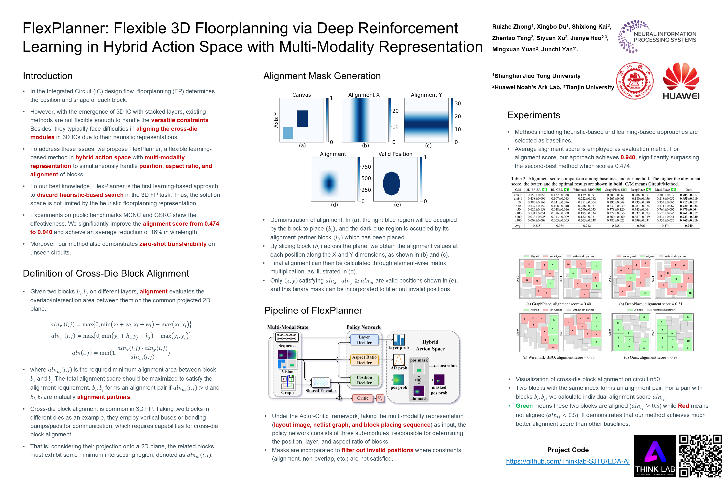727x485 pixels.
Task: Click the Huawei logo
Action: click(681, 81)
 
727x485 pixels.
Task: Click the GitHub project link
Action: click(568, 461)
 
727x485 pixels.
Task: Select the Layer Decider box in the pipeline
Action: click(364, 340)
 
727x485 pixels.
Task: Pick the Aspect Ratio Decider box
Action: click(364, 360)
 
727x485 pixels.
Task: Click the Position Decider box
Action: click(364, 380)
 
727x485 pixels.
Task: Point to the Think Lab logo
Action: click(655, 456)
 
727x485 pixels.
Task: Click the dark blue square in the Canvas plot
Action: click(302, 119)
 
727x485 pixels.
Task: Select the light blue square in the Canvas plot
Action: click(288, 133)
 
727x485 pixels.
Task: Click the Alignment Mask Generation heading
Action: click(322, 76)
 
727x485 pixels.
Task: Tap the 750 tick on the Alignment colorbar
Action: click(366, 167)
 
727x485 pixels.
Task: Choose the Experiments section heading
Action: click(533, 115)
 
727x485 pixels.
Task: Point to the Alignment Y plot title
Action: click(426, 95)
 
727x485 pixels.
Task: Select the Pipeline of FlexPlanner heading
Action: click(313, 310)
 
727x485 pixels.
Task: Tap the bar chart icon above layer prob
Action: click(399, 340)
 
